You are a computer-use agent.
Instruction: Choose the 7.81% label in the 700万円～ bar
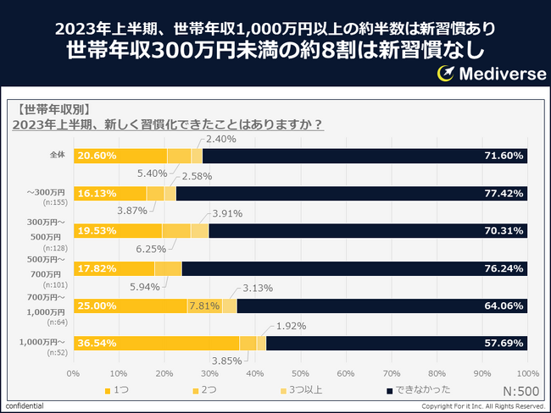pos(204,306)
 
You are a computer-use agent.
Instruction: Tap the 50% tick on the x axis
pos(300,372)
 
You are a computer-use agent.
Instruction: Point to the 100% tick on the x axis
pos(526,372)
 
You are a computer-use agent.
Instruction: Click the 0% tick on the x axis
pos(74,372)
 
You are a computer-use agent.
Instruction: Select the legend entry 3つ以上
pos(306,391)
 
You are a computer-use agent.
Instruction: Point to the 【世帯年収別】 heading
pos(52,108)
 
